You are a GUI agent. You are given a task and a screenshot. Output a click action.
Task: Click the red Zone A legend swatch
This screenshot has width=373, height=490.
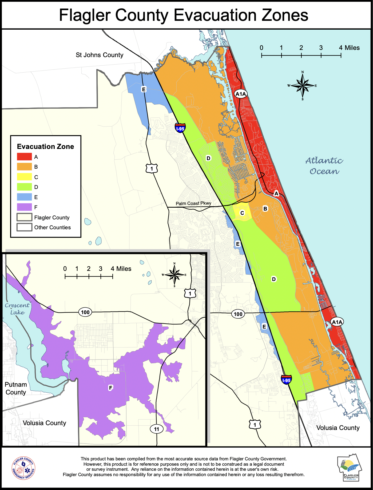pos(24,157)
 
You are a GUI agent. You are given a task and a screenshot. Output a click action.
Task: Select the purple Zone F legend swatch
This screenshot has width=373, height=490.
pos(24,207)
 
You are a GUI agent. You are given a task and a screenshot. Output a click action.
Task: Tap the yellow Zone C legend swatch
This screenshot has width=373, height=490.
pos(24,177)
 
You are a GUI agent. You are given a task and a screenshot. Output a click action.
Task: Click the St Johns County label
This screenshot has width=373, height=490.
pos(100,55)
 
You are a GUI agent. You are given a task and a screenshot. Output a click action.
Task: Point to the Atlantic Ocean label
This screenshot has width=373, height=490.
pos(324,166)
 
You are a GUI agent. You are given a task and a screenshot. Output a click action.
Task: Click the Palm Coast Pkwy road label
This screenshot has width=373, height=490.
pos(193,203)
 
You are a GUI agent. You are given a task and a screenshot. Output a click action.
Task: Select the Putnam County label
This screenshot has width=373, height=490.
pos(16,388)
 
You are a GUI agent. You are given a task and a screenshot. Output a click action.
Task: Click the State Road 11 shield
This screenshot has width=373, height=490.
pos(156,429)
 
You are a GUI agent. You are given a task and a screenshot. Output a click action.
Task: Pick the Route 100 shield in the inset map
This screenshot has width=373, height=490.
pos(85,312)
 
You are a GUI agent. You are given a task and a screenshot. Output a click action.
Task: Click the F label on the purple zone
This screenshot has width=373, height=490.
pos(110,388)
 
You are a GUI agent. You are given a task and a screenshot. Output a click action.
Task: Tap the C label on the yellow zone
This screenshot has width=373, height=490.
pos(242,213)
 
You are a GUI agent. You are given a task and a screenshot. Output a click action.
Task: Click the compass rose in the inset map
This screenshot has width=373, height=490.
pos(174,275)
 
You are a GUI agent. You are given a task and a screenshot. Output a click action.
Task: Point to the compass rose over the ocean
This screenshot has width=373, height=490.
pos(303,86)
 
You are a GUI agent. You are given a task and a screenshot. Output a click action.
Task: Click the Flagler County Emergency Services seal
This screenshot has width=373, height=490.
pos(23,468)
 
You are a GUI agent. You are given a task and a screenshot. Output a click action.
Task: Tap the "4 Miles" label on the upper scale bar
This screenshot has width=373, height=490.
pos(349,48)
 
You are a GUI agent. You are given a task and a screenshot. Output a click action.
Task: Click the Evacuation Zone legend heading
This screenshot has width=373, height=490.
pos(45,147)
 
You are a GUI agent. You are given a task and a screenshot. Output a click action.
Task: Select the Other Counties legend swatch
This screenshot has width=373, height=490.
pos(24,227)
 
